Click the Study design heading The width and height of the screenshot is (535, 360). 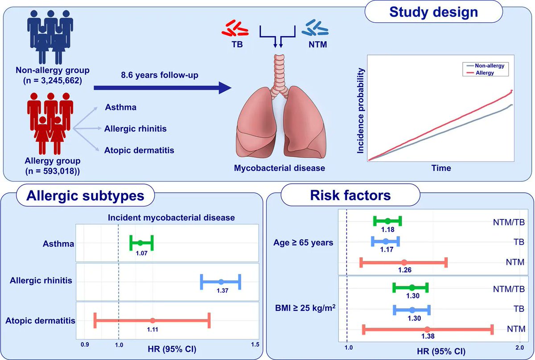(x=433, y=12)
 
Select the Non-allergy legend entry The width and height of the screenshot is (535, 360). (x=487, y=66)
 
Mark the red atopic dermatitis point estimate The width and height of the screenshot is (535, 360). (x=152, y=320)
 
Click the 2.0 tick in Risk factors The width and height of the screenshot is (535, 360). (x=519, y=348)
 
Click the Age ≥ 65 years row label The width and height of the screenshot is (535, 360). (x=303, y=243)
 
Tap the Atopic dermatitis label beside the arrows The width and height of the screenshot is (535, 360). (x=139, y=150)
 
